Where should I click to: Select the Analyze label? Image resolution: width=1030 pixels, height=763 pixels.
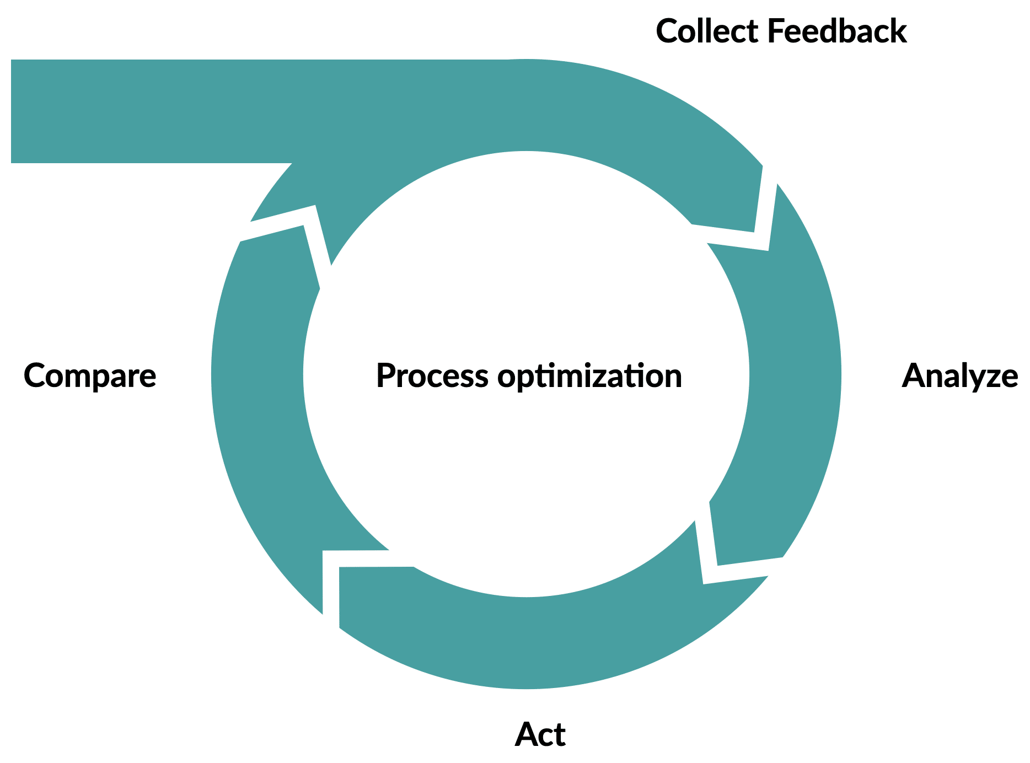[959, 377]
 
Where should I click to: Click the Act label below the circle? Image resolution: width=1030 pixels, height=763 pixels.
[540, 735]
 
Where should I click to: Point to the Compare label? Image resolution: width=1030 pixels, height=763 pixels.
[90, 377]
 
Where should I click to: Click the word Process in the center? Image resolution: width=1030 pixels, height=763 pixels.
[432, 377]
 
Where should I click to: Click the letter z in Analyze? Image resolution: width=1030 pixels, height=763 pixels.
[994, 377]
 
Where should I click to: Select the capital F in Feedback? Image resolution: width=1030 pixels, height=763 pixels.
[774, 31]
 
